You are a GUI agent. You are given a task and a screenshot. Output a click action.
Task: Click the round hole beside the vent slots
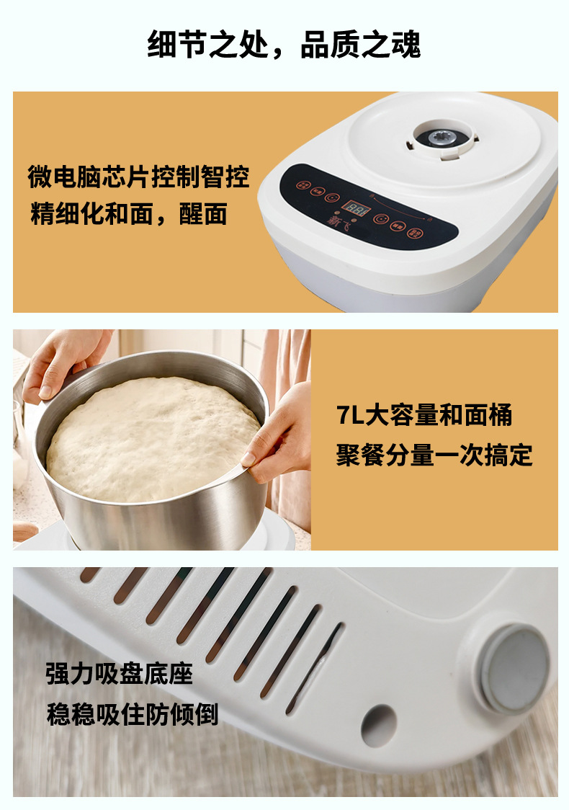tap(378, 725)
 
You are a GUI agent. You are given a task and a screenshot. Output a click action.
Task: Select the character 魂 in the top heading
tap(406, 45)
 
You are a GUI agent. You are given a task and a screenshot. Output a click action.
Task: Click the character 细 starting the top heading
tap(162, 45)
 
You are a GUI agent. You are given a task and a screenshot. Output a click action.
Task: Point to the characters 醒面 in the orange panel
tap(203, 214)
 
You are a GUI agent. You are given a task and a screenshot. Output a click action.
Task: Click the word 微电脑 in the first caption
tap(64, 177)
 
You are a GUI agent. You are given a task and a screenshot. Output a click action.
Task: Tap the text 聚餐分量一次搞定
tap(434, 455)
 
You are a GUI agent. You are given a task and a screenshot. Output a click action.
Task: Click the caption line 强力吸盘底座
tap(120, 674)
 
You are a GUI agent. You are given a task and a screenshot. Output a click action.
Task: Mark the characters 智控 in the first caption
tap(225, 177)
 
